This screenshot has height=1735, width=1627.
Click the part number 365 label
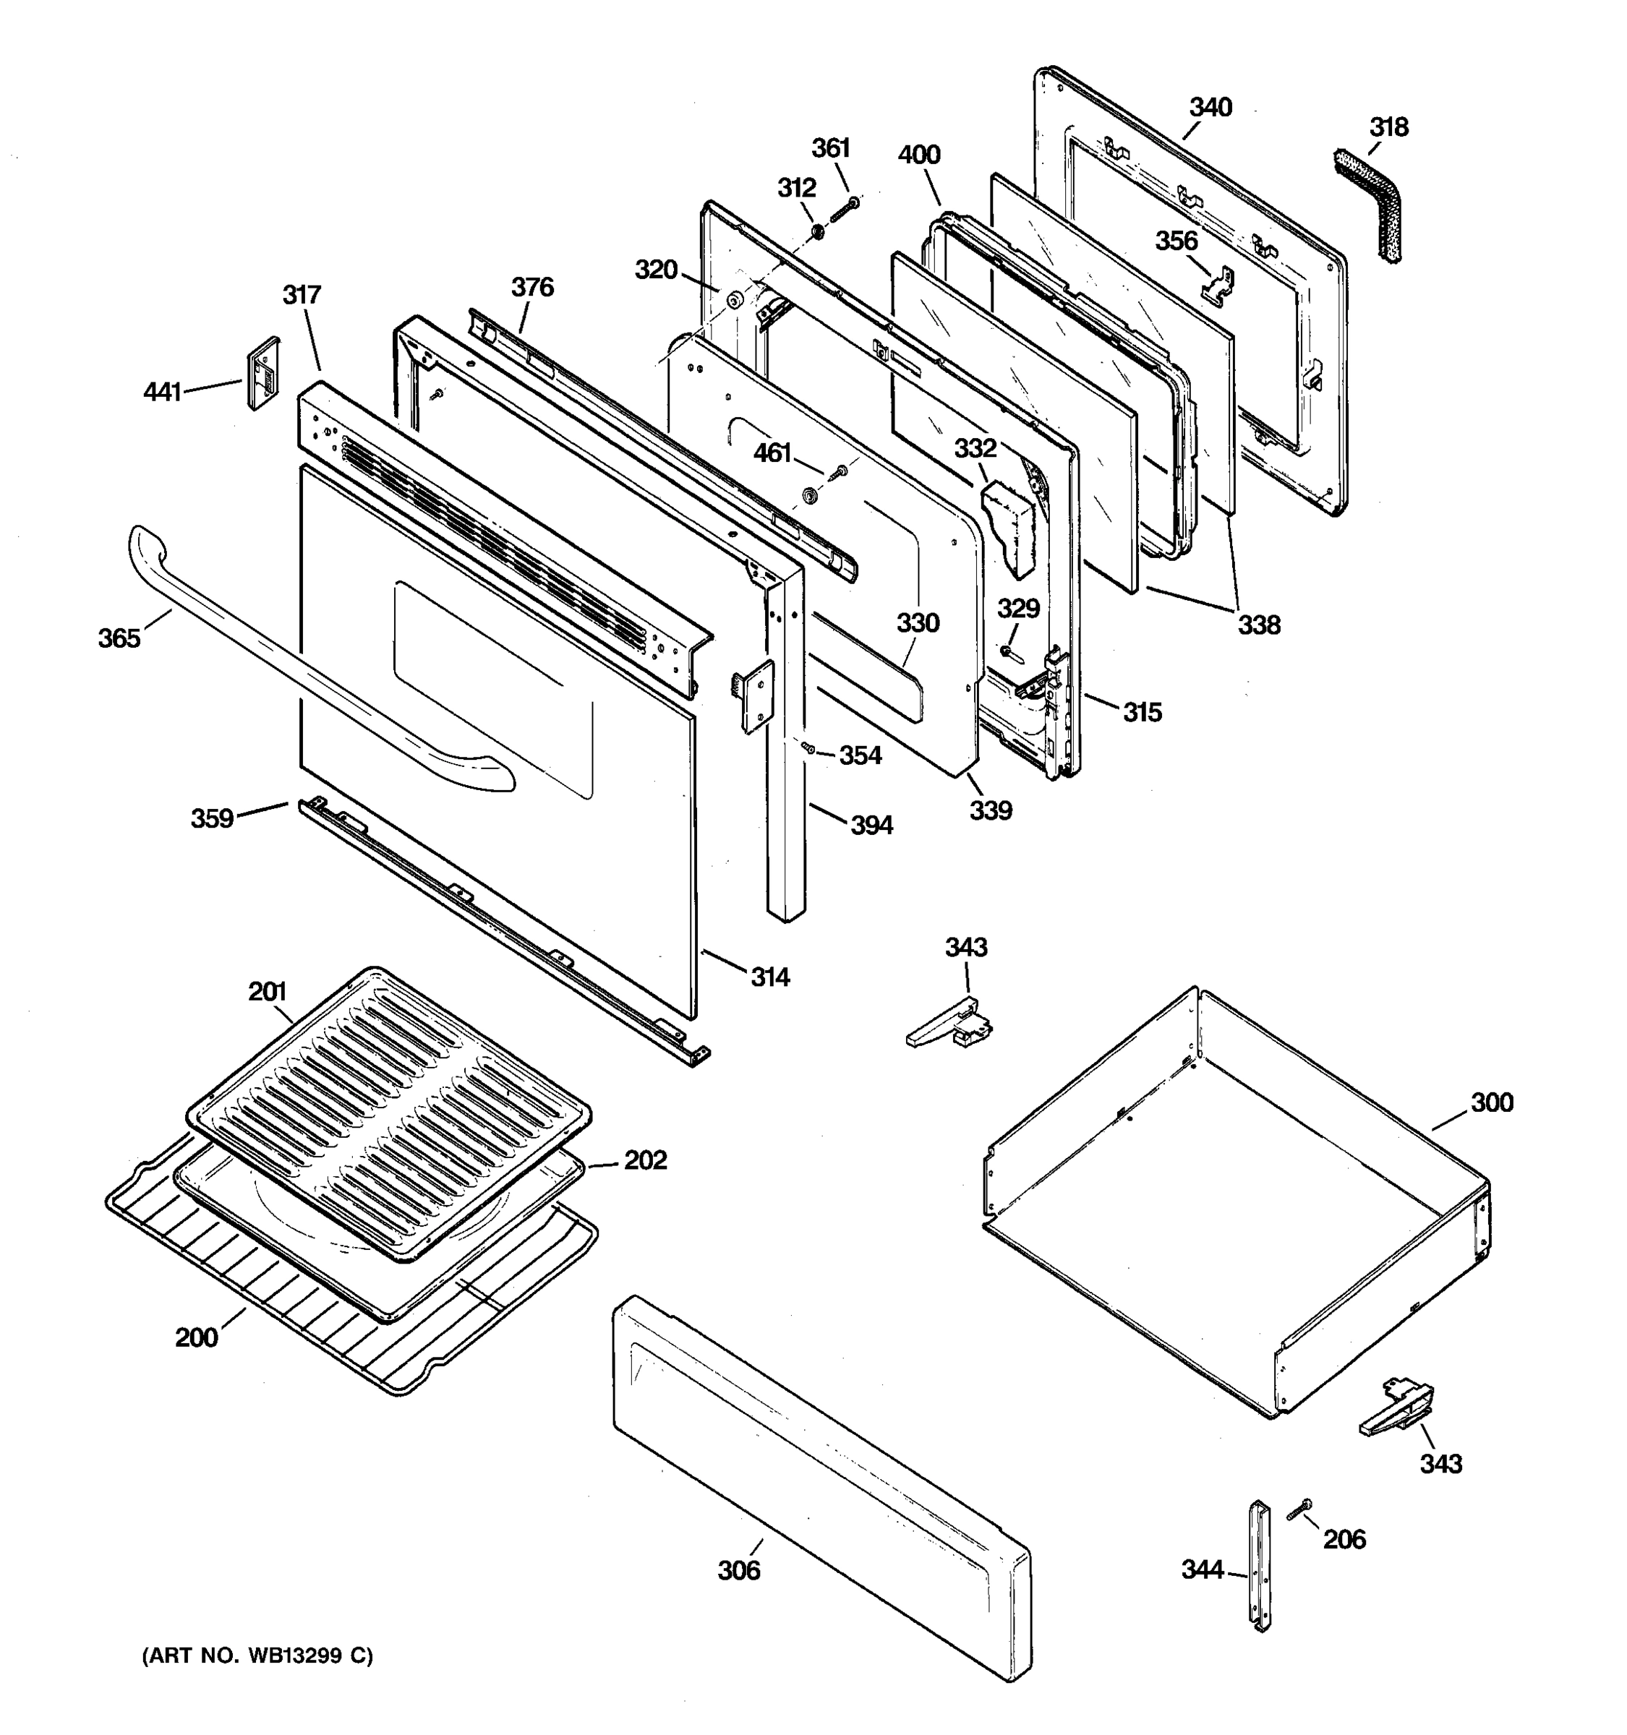119,639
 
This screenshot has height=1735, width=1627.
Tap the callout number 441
163,392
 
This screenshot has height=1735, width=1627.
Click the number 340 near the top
1210,107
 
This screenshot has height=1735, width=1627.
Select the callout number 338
1259,625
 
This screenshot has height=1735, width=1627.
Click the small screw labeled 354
808,748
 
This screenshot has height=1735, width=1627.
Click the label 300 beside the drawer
1492,1102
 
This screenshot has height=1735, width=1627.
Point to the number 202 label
645,1160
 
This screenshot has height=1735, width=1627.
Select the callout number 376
532,287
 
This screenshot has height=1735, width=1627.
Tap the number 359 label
212,818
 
